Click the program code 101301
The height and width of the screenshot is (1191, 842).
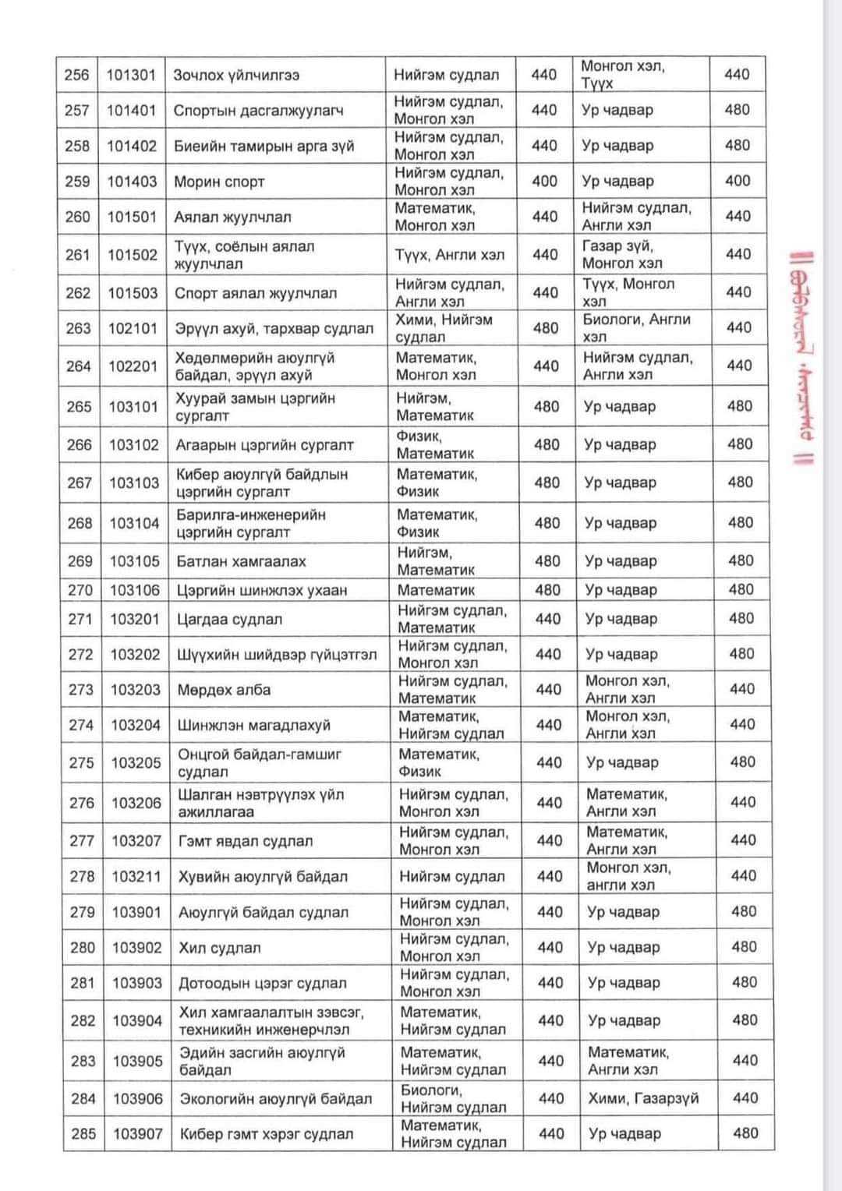pos(131,76)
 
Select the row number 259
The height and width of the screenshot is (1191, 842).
pos(77,182)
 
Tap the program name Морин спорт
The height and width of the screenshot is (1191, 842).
pos(219,182)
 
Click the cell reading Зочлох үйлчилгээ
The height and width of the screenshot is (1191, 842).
pos(236,76)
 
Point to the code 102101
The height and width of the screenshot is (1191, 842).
pos(133,328)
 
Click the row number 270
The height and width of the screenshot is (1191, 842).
pos(80,590)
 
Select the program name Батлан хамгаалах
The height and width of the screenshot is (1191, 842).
pos(241,561)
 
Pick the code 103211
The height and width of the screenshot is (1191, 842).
pos(136,876)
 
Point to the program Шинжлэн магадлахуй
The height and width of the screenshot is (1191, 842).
pos(254,725)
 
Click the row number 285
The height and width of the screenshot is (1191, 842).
pos(83,1134)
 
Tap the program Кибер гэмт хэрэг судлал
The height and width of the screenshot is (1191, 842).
pos(267,1134)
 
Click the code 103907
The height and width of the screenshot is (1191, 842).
pos(138,1134)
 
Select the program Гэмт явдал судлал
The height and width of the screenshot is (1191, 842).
pos(246,841)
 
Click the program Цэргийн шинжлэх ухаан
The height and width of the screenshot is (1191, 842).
pos(262,590)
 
